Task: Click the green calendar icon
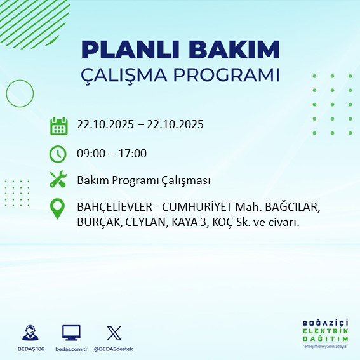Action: [x=58, y=126]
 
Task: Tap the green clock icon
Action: [x=58, y=154]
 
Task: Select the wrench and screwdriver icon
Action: [x=58, y=180]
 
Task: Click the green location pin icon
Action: [x=58, y=210]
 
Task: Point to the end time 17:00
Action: [x=133, y=154]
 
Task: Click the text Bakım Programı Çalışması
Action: [x=143, y=181]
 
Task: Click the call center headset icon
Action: [x=29, y=333]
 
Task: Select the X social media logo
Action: [x=114, y=333]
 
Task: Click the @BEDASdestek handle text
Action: [x=114, y=349]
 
